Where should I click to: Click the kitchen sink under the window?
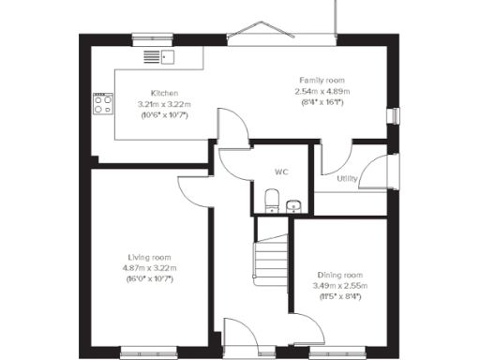click(x=158, y=57)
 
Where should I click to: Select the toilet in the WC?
click(x=271, y=200)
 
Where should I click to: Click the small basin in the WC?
click(x=293, y=203)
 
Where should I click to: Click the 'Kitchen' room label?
click(x=151, y=93)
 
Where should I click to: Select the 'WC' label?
click(x=281, y=172)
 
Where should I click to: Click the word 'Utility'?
click(x=346, y=177)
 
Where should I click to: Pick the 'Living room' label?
click(x=150, y=256)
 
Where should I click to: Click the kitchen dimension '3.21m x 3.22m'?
click(x=151, y=104)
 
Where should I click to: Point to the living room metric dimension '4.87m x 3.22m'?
click(x=150, y=267)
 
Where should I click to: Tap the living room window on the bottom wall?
click(x=147, y=352)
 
